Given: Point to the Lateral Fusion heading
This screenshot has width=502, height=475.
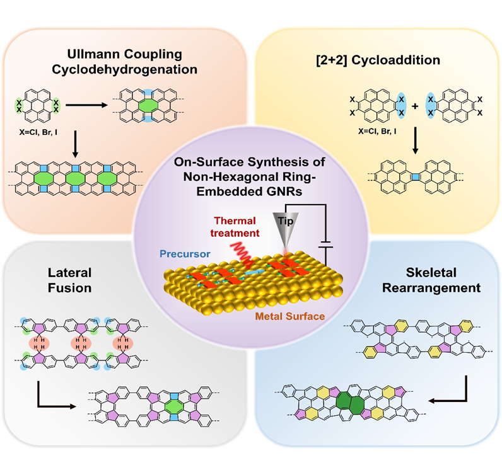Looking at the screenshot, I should pos(69,281).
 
